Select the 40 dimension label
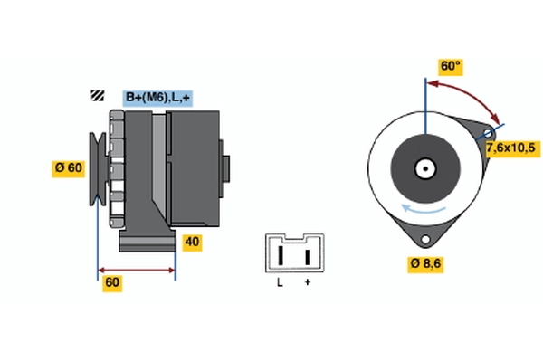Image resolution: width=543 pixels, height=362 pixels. (191, 242)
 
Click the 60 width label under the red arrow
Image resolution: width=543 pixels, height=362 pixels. (112, 282)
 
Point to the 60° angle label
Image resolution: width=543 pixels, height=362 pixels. (451, 67)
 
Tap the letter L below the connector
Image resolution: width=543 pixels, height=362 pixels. (280, 283)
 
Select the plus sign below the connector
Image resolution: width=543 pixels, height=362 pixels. (307, 283)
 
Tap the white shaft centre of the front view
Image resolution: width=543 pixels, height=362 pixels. (424, 167)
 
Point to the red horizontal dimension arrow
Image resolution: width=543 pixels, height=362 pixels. (136, 270)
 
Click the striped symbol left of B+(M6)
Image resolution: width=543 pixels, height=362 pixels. (97, 96)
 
